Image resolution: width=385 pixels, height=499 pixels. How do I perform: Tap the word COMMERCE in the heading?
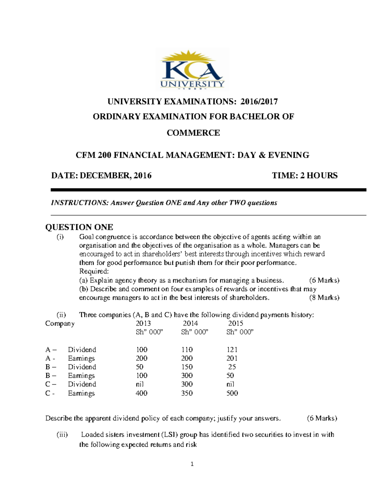coord(193,133)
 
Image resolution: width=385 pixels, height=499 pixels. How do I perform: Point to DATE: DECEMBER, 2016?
coord(101,175)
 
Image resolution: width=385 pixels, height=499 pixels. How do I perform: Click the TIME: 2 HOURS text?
coord(304,175)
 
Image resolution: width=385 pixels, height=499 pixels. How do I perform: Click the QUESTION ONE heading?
coord(79,227)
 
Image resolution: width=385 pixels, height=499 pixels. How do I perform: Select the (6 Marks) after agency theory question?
coord(324,280)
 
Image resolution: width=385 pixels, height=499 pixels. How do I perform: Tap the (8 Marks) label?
coord(324,298)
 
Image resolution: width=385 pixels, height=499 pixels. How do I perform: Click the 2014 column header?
coord(190,323)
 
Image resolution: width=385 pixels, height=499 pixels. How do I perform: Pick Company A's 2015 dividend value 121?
coord(232,350)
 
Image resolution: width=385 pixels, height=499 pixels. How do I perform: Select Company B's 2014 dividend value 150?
coord(187,367)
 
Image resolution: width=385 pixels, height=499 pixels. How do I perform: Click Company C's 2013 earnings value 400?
coord(141,393)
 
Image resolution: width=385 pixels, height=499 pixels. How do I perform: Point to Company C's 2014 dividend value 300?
coord(187,384)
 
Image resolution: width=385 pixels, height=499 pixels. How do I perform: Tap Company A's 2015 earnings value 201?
coord(232,358)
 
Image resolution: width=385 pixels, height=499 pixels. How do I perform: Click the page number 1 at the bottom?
coord(192,464)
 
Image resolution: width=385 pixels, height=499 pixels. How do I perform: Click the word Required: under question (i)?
coord(94,272)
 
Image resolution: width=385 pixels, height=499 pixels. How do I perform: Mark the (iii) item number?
coord(62,435)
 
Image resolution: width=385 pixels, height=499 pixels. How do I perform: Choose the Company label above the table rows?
coord(60,323)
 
